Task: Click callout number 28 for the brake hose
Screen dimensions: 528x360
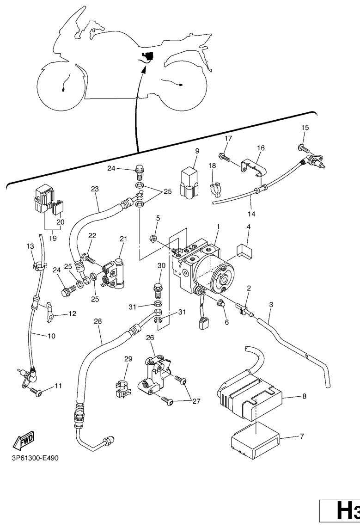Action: click(x=97, y=321)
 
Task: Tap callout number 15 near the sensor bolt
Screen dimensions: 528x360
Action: click(x=305, y=128)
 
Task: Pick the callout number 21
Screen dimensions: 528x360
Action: click(x=123, y=239)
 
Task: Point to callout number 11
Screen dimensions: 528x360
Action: click(x=58, y=386)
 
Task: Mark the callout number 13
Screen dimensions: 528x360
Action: click(x=30, y=246)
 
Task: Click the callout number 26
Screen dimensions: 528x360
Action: click(x=150, y=338)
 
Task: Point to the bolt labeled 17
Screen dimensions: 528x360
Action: click(x=225, y=158)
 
